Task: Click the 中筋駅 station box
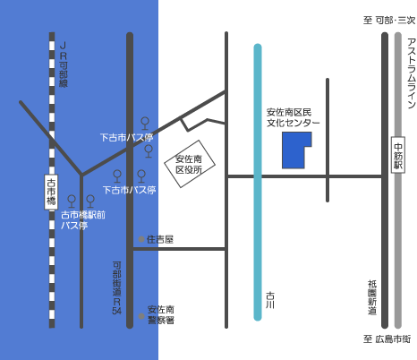[398, 155]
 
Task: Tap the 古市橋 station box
[51, 192]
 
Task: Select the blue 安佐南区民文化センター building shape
[297, 150]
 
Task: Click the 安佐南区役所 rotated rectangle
[190, 164]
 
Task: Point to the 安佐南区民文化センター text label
[293, 117]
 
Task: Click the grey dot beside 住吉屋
[141, 239]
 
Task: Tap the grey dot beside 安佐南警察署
[141, 316]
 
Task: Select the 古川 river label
[270, 300]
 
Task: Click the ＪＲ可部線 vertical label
[64, 64]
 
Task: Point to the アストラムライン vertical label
[412, 73]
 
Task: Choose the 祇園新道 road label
[372, 297]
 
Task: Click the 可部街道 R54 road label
[116, 288]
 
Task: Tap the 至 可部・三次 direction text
[389, 21]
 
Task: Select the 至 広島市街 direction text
[387, 339]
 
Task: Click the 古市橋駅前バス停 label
[83, 220]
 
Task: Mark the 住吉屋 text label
[160, 239]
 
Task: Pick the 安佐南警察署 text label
[161, 315]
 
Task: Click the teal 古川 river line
[258, 183]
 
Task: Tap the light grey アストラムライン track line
[398, 180]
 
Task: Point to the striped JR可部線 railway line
[52, 180]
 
